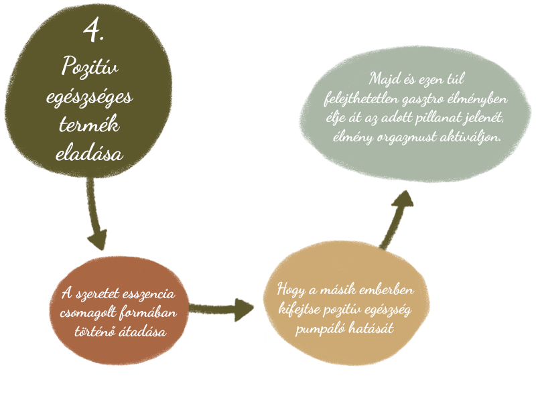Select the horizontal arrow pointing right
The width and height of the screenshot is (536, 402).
pos(222,309)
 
